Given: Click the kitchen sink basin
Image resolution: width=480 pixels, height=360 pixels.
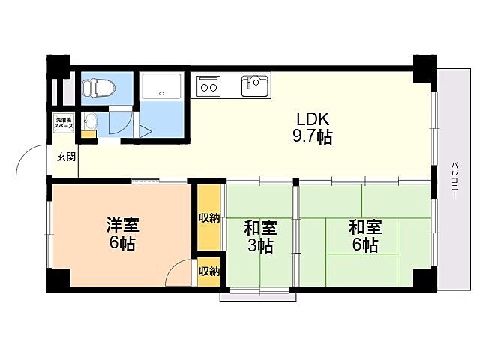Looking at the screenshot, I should (253, 85).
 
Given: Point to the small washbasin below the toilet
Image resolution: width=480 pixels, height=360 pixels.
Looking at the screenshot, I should (90, 120).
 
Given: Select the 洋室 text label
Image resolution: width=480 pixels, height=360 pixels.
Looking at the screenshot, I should (121, 225).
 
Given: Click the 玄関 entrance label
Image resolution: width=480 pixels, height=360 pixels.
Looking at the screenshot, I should (65, 157).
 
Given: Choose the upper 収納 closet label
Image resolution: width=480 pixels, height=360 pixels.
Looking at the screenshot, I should (209, 218).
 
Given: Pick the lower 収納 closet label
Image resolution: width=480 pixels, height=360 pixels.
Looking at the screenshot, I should (209, 271).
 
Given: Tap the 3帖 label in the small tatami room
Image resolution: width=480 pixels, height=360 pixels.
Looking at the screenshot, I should (260, 245).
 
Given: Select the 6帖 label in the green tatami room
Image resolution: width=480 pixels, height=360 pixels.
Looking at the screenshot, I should (365, 245).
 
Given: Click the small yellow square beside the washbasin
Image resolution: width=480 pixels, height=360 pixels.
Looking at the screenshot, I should (89, 135).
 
